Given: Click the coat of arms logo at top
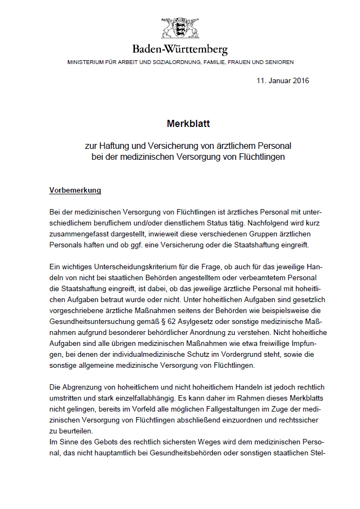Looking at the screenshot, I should tap(180, 28).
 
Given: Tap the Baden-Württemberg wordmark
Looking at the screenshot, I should tap(180, 50).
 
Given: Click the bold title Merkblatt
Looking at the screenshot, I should tap(180, 124).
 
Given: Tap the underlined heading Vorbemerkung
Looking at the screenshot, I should tap(76, 190).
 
